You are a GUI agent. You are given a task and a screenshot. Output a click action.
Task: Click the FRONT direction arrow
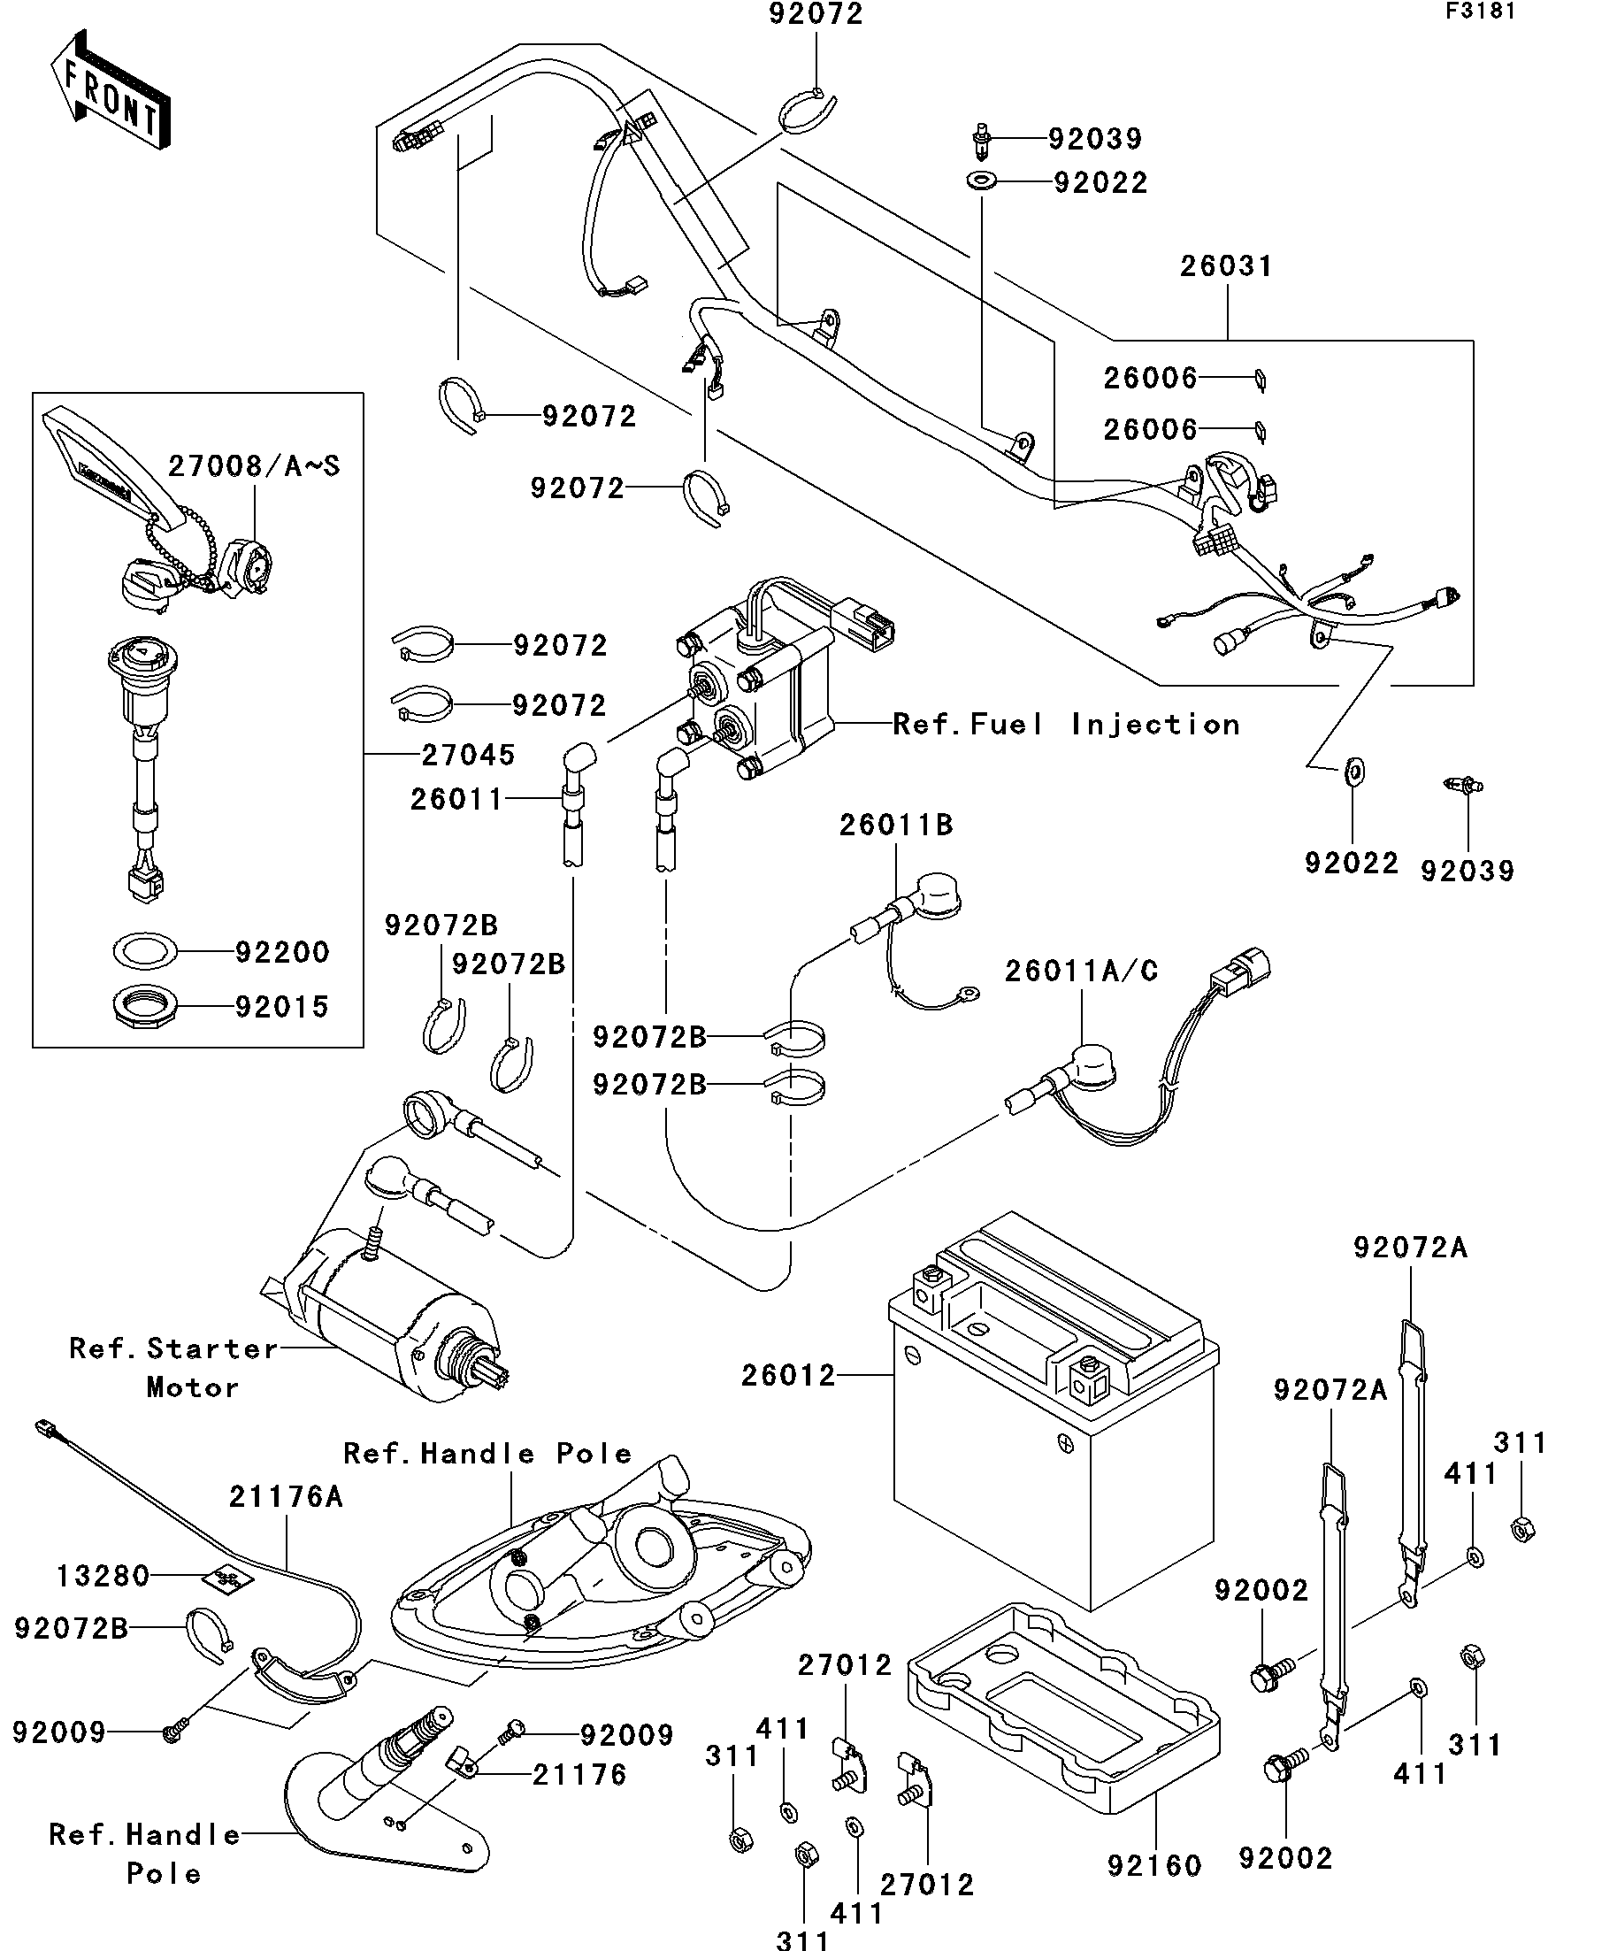(110, 89)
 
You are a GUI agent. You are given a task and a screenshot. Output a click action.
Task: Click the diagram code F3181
(1480, 12)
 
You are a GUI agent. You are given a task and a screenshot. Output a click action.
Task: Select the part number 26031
(1226, 266)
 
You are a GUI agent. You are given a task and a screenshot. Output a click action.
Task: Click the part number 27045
(468, 756)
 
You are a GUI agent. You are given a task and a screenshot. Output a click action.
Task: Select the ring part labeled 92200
(145, 950)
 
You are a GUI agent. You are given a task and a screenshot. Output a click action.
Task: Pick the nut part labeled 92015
(144, 1006)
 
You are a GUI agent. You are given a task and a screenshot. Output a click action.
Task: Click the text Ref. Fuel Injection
(1066, 725)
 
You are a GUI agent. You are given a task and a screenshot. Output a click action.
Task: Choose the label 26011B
(896, 825)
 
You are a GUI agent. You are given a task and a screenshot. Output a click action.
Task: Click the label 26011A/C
(1081, 971)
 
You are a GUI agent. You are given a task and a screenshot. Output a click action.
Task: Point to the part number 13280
(103, 1576)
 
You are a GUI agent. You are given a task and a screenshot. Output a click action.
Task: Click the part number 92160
(1154, 1865)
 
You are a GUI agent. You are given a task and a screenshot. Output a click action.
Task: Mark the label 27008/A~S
(254, 465)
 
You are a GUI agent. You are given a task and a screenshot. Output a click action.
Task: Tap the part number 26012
(788, 1375)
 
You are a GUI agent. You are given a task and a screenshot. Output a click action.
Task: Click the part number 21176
(579, 1775)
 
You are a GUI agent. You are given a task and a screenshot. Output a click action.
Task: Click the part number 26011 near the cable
(456, 799)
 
